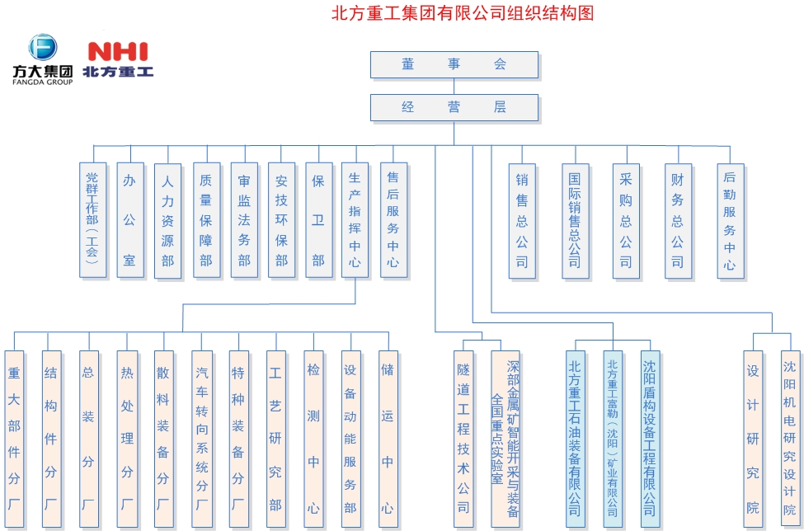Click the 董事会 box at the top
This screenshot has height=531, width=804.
(x=454, y=64)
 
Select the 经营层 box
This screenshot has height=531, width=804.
(x=454, y=107)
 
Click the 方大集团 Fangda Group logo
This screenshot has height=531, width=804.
(x=42, y=59)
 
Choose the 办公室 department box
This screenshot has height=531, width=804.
(x=129, y=219)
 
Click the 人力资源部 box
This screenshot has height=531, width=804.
(x=167, y=219)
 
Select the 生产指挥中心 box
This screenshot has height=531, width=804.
(x=355, y=219)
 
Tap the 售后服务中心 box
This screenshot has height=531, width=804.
(x=393, y=219)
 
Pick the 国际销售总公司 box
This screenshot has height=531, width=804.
(x=575, y=219)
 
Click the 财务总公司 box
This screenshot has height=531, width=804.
(x=677, y=219)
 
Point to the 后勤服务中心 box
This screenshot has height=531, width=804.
(x=729, y=219)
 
